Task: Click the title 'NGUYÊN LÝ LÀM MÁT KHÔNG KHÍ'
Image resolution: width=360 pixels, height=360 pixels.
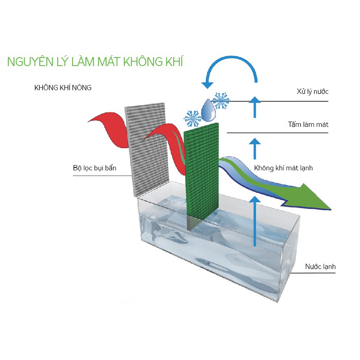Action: tap(95, 62)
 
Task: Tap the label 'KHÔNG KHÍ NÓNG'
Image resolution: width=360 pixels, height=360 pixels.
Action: tap(63, 88)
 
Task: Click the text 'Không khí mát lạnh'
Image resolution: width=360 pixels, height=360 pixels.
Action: tap(283, 168)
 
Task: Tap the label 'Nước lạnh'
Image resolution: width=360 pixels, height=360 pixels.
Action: tap(320, 267)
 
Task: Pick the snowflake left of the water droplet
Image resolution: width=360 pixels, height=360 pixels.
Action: tap(192, 118)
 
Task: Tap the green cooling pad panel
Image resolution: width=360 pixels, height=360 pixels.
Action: tap(201, 169)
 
